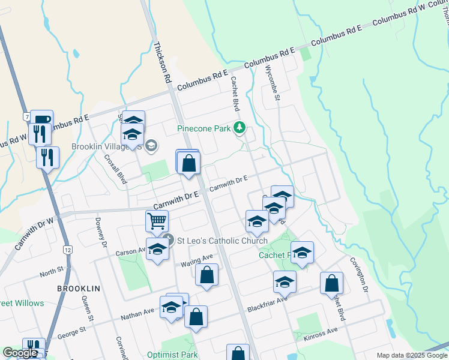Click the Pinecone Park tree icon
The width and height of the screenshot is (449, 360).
240,127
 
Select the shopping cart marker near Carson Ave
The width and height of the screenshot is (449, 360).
157,221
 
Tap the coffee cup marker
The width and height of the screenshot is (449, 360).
42,119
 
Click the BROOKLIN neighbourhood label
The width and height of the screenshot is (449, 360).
78,289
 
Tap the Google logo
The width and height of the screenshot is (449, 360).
20,353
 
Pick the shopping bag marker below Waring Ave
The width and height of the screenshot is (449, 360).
206,275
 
